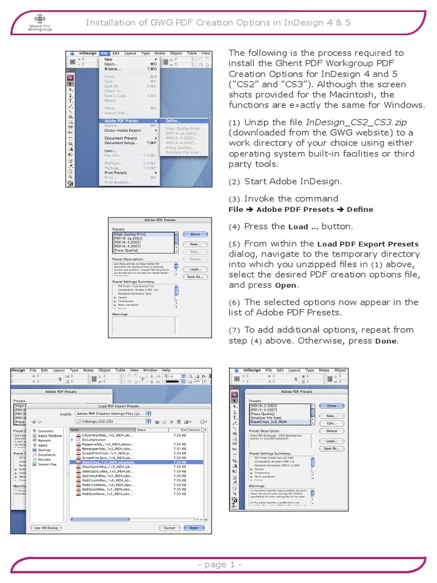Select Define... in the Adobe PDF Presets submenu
(x=174, y=121)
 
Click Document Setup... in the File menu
(x=122, y=143)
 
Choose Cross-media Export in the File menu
(x=122, y=130)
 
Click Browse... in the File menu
(x=112, y=69)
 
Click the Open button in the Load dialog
(x=194, y=528)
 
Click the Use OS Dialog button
(x=47, y=528)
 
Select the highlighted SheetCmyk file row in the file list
(x=108, y=462)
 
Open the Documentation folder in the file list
(x=94, y=440)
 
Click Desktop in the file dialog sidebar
(x=44, y=450)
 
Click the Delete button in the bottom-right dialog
(x=332, y=431)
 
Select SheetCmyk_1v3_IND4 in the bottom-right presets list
(x=273, y=422)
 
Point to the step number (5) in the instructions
(x=236, y=244)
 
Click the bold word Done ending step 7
(x=386, y=342)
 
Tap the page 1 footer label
(x=220, y=564)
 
